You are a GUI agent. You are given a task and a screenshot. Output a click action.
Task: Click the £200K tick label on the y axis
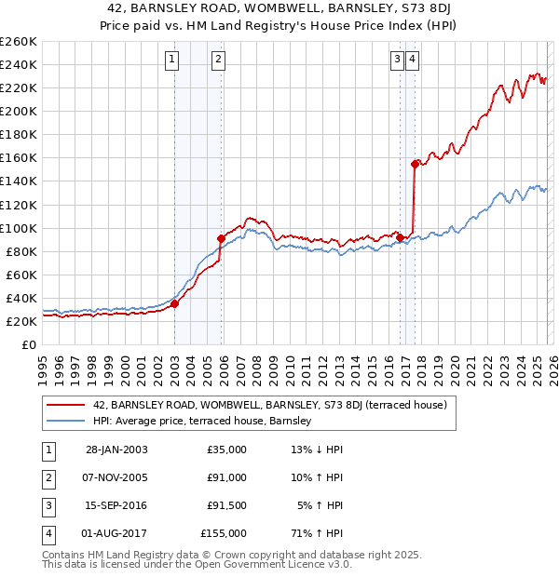(x=18, y=111)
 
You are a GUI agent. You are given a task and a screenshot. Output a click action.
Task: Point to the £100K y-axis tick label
(x=18, y=228)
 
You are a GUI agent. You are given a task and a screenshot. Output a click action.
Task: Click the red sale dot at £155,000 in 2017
(x=415, y=164)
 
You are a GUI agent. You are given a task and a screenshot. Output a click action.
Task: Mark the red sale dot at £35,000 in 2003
(x=175, y=303)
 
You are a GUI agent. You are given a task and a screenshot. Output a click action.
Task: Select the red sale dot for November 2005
(x=221, y=238)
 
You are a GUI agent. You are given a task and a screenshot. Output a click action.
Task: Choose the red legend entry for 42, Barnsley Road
(x=270, y=405)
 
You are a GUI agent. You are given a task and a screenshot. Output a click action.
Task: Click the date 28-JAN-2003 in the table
(x=116, y=450)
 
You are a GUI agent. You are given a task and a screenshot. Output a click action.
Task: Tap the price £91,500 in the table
(x=224, y=505)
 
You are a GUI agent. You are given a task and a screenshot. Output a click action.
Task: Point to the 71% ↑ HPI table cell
(x=317, y=533)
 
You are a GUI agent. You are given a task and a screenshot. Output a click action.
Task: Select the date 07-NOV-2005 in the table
(x=116, y=477)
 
